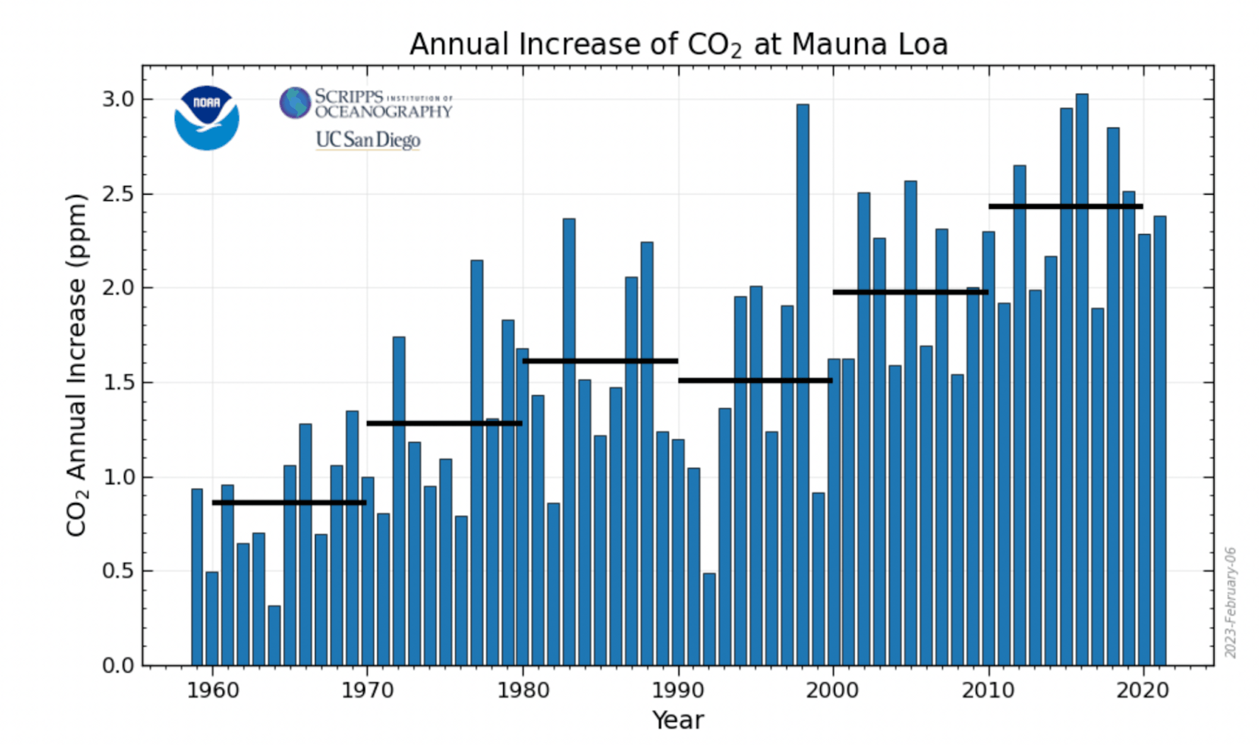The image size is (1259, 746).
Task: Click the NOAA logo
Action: coord(206,118)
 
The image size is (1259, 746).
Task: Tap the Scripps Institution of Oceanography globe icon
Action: coord(295,103)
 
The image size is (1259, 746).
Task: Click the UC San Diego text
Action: coord(368,140)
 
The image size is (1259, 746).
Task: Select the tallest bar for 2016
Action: coord(1081,378)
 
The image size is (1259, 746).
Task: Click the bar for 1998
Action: coord(803,384)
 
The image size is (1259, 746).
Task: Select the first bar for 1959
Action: coord(197,576)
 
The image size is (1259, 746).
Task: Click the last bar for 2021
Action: coord(1160,441)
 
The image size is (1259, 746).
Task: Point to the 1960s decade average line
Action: coord(289,502)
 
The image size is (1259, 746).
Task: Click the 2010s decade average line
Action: coord(1066,206)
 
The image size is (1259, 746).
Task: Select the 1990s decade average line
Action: coord(755,380)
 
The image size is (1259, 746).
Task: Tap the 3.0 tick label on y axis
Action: coord(118,99)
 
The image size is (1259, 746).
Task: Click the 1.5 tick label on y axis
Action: coord(118,383)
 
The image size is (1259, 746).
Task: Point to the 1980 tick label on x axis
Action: coord(522,691)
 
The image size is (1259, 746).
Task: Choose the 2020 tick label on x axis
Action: coord(1143,691)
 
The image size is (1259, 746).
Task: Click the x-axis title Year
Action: coord(677,720)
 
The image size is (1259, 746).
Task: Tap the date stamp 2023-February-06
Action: coord(1230,602)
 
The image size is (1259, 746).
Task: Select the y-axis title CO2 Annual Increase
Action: coord(77,365)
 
